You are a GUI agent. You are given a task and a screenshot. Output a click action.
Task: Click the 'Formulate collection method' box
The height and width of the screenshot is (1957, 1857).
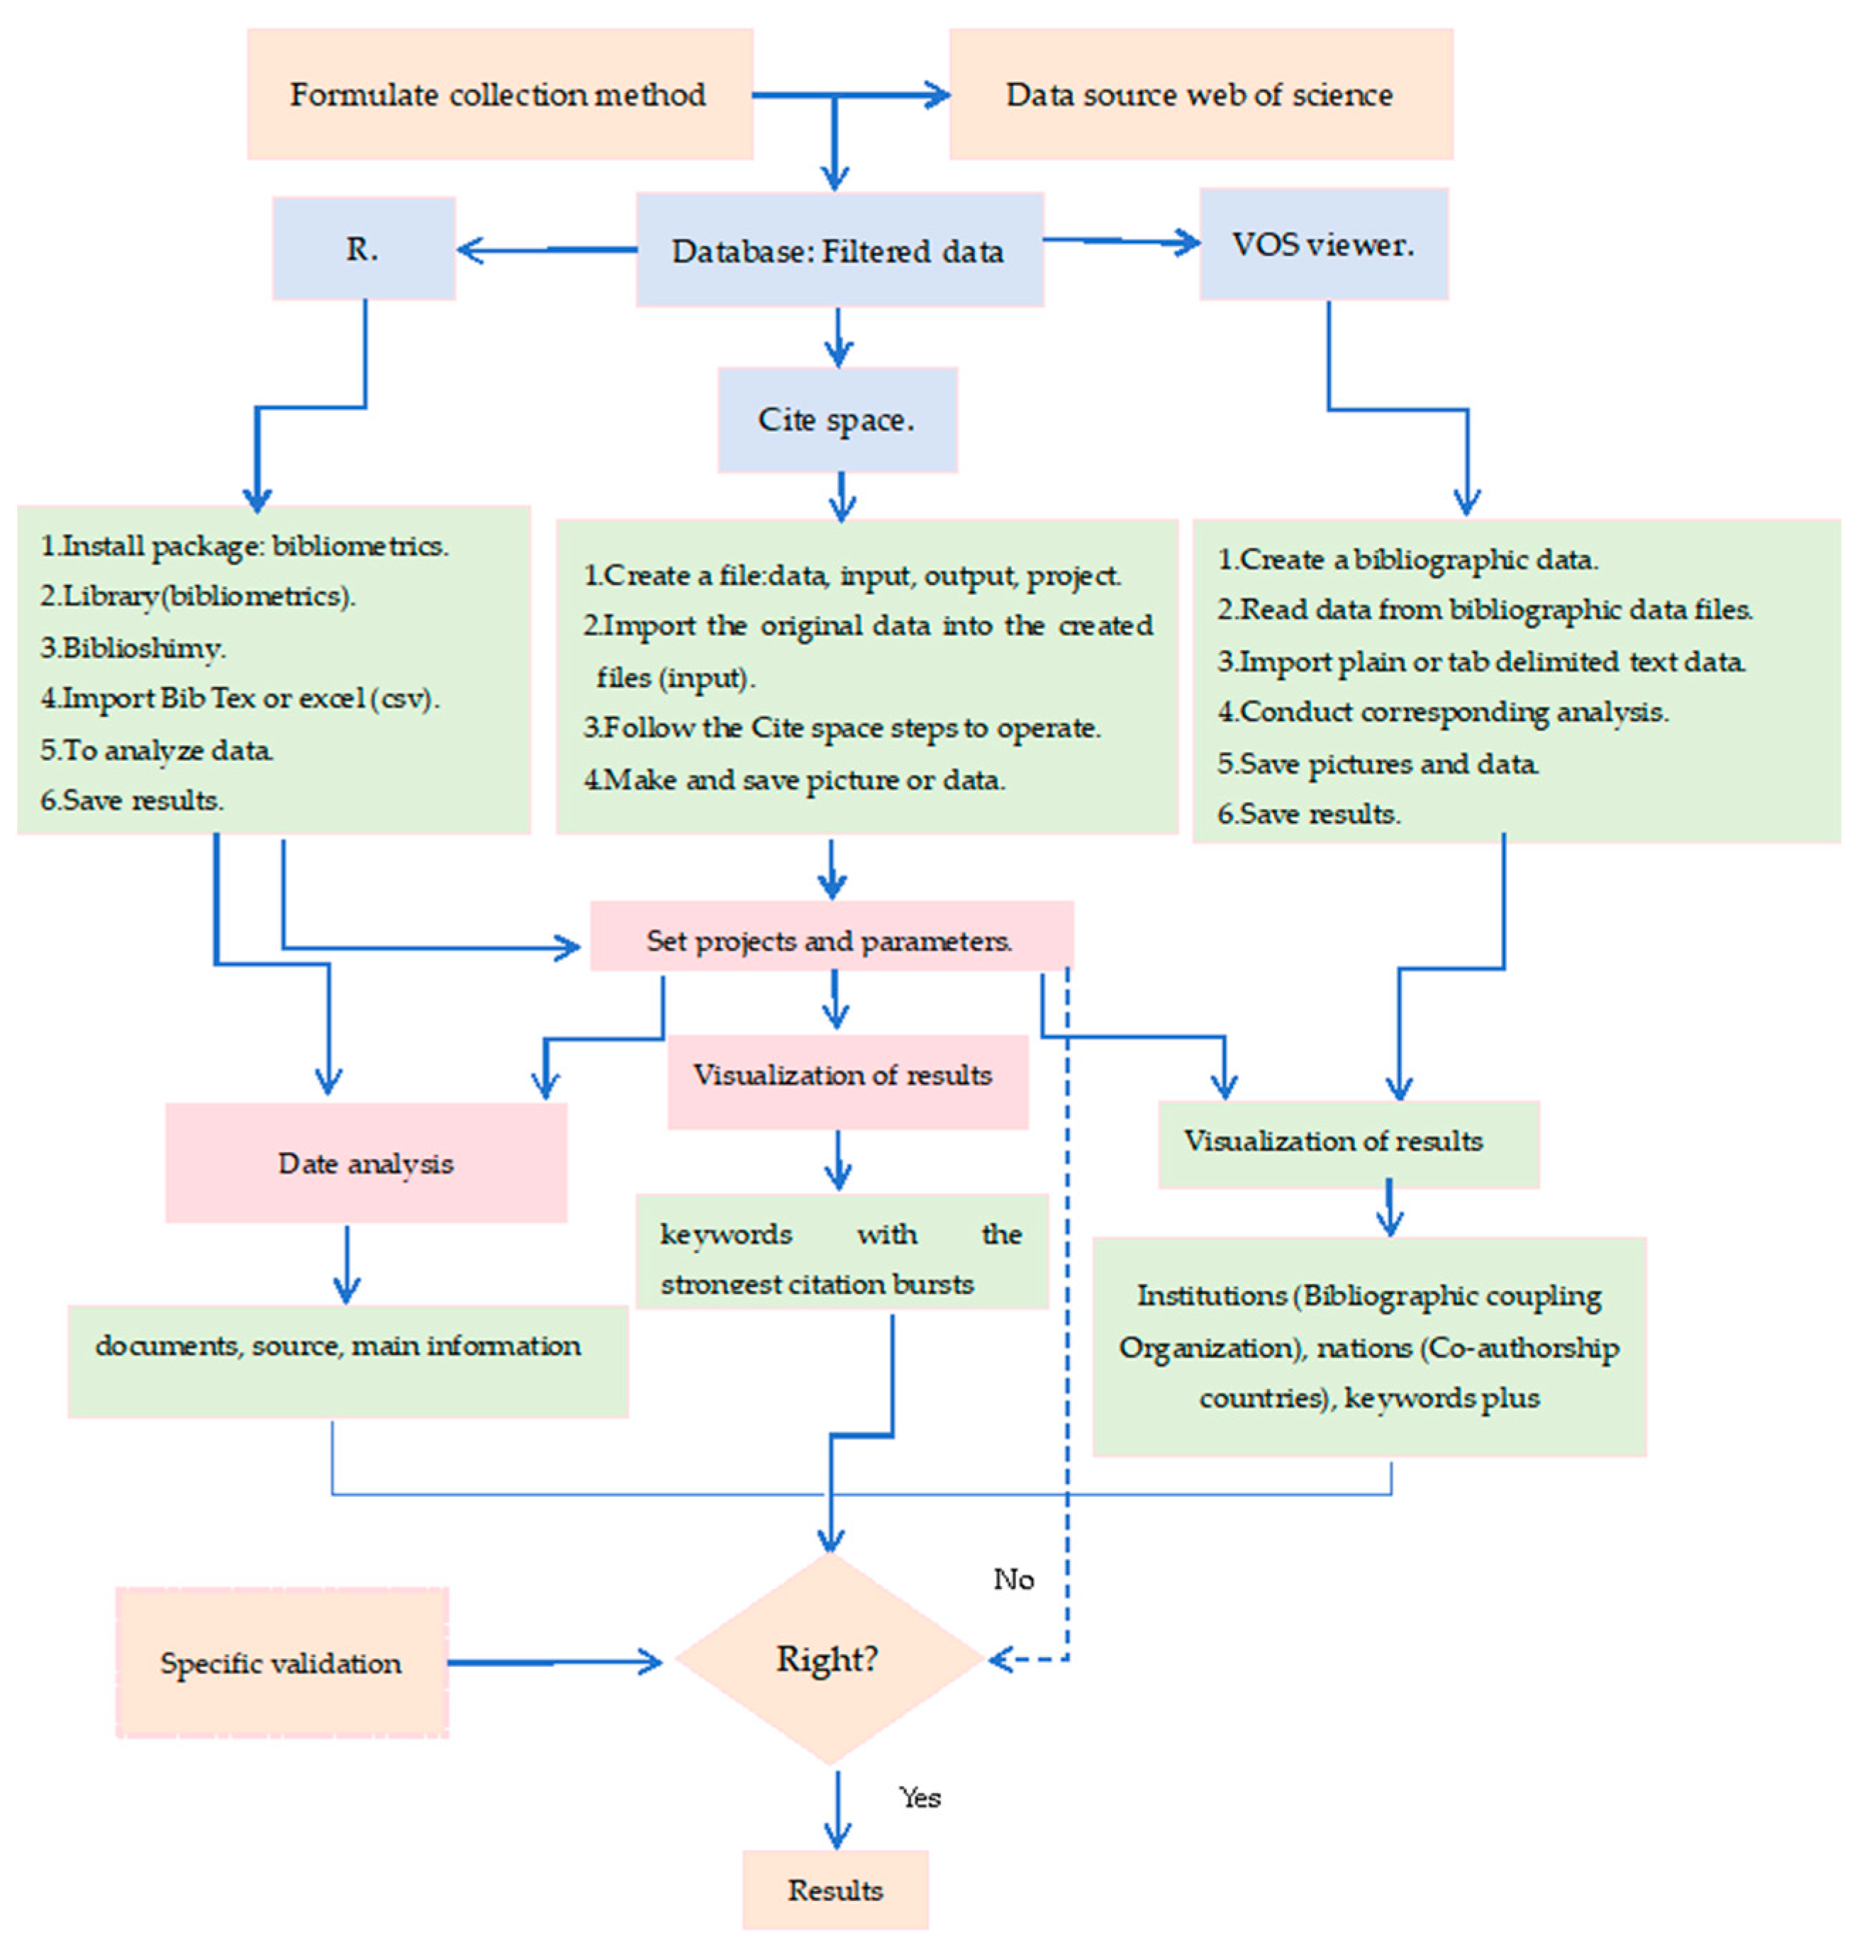pyautogui.click(x=499, y=94)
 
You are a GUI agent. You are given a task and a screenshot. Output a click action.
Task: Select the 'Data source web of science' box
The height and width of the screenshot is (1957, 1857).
pyautogui.click(x=1200, y=94)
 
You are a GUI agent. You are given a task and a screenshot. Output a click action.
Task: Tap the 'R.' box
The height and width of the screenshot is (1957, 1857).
pyautogui.click(x=363, y=248)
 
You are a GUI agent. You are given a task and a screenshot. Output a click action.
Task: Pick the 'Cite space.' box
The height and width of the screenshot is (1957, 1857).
pyautogui.click(x=837, y=420)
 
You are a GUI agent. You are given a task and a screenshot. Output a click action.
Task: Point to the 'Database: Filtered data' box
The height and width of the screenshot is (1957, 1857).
pyautogui.click(x=838, y=250)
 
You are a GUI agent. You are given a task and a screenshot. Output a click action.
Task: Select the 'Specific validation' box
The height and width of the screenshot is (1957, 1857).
pyautogui.click(x=282, y=1663)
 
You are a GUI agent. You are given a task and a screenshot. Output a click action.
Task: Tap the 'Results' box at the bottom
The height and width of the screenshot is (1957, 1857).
pyautogui.click(x=835, y=1890)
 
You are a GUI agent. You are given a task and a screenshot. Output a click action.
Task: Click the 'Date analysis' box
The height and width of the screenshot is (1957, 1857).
pyautogui.click(x=367, y=1163)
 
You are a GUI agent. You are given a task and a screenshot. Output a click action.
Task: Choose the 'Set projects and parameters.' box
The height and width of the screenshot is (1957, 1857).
pyautogui.click(x=830, y=940)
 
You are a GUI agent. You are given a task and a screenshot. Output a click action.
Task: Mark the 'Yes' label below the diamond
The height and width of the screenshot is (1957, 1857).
pyautogui.click(x=920, y=1797)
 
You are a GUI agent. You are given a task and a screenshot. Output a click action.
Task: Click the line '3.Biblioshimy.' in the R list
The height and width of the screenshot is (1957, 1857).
pyautogui.click(x=133, y=648)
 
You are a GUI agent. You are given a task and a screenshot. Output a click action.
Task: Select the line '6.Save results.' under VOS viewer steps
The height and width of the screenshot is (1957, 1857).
pyautogui.click(x=1309, y=814)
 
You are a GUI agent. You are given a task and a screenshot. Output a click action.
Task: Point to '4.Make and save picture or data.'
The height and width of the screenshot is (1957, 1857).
pyautogui.click(x=795, y=780)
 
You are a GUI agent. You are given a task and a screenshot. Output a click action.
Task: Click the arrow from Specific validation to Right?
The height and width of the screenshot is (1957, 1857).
pyautogui.click(x=554, y=1662)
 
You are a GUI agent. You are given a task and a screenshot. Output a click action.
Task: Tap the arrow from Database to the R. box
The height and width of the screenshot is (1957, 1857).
pyautogui.click(x=547, y=250)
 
